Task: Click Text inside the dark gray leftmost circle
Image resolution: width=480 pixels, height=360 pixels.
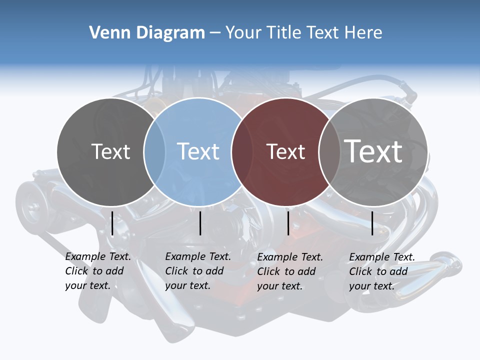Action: (x=110, y=151)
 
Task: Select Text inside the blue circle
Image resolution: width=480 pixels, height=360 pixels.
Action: (x=198, y=151)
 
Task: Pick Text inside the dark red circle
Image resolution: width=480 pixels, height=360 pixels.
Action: (x=285, y=151)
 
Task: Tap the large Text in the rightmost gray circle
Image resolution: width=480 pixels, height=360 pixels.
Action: (x=373, y=151)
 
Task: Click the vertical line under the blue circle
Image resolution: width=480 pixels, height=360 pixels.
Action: (x=200, y=223)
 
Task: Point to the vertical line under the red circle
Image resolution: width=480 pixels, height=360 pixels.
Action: (x=288, y=223)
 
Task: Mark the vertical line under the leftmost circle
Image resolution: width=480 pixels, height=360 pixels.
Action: (x=112, y=223)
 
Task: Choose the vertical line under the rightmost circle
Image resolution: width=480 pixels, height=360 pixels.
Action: (x=372, y=223)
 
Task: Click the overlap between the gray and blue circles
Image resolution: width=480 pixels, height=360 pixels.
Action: (x=154, y=151)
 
